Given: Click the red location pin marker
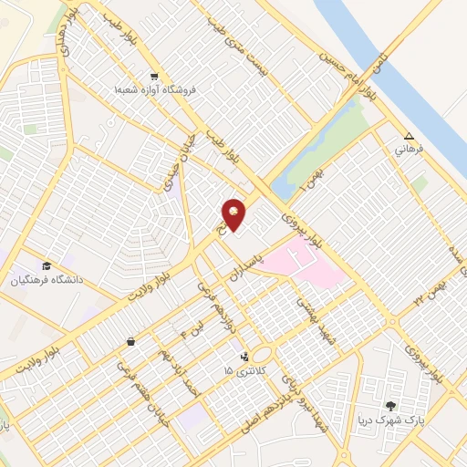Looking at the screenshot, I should point(234,213).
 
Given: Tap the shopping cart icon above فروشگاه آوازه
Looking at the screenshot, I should point(154,78).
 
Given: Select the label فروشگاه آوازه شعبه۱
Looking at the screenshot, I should point(156,91).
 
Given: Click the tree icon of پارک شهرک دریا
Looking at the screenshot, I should point(391,407).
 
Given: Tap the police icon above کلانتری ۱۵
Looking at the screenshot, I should point(244,358).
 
